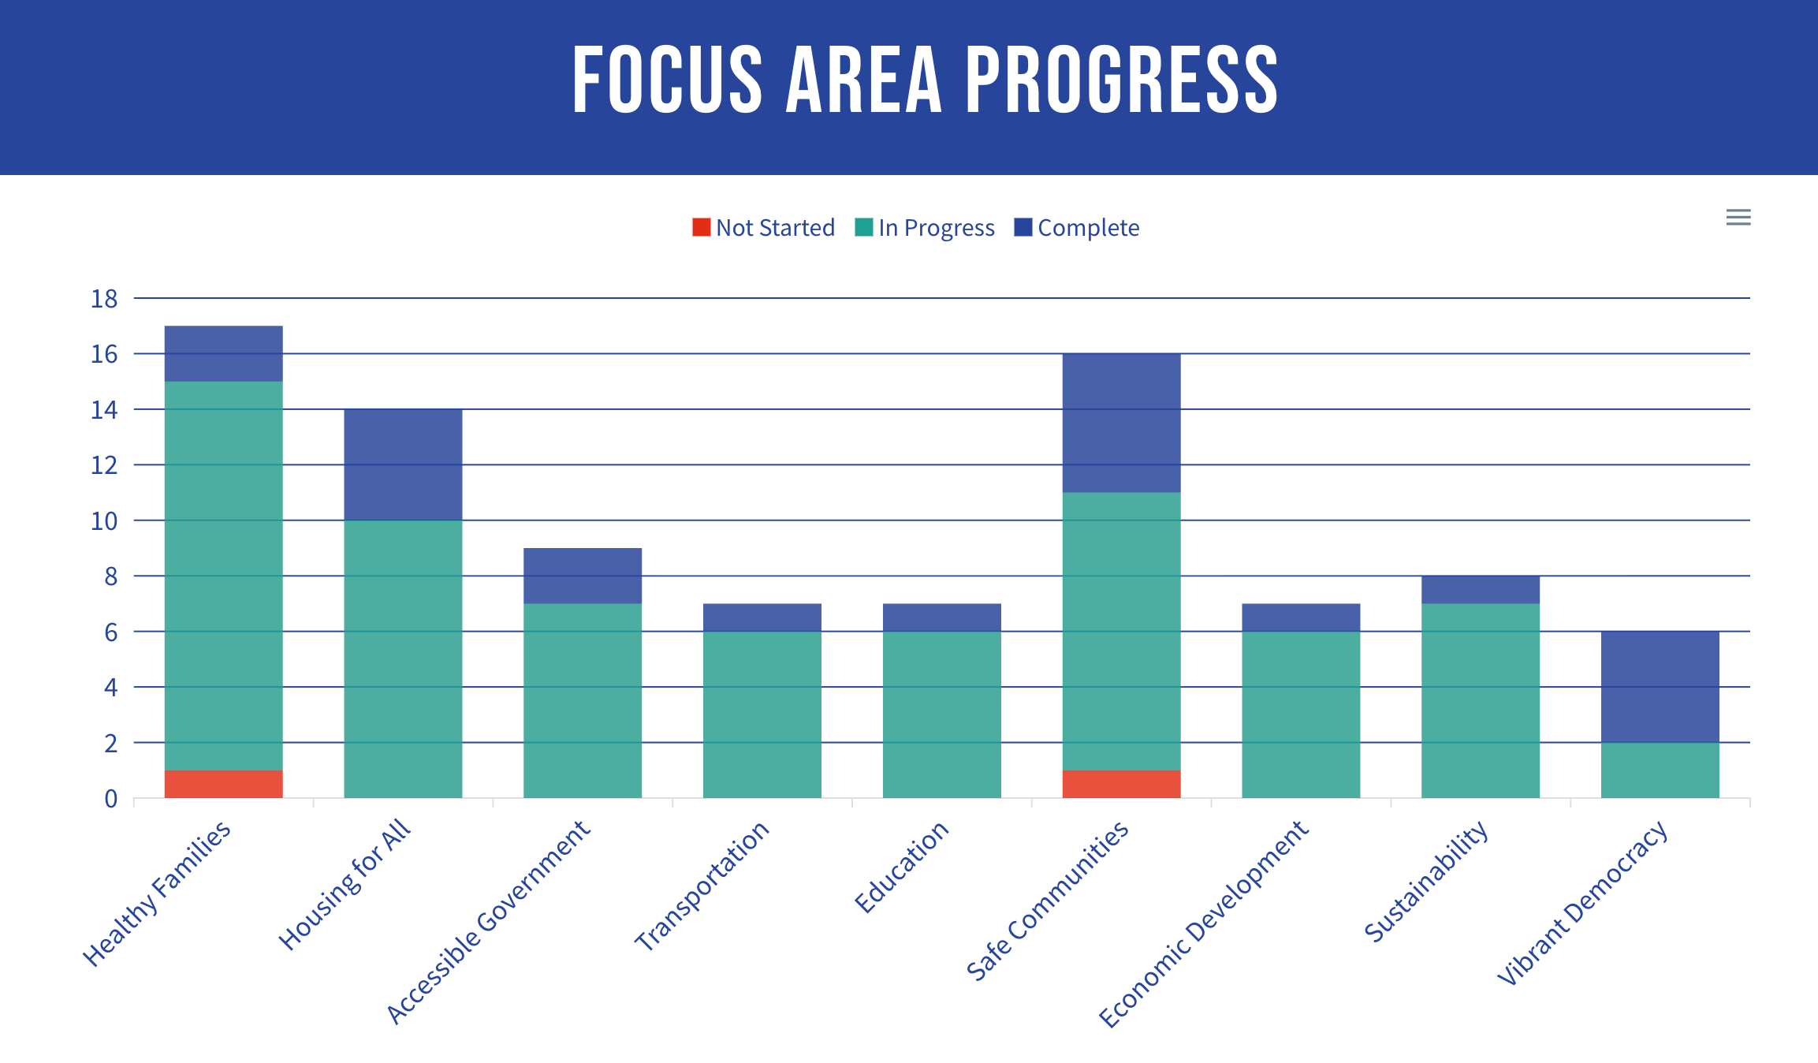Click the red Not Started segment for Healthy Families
coord(223,784)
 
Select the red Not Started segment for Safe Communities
coord(1121,784)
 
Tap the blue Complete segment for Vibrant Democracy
coord(1660,686)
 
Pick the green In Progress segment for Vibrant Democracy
coord(1660,770)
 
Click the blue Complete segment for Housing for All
coord(403,464)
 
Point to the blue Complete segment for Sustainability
coord(1480,589)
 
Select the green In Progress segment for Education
coord(941,714)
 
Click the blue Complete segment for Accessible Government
coord(583,576)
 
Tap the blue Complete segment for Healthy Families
coord(223,353)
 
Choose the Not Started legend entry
coord(763,228)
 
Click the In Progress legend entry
coord(925,228)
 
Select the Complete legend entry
coord(1077,228)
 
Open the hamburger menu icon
coord(1738,217)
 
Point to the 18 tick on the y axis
coord(104,299)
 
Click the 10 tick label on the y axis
coord(104,521)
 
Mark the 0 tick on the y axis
coord(111,799)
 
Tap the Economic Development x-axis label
coord(1203,924)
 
